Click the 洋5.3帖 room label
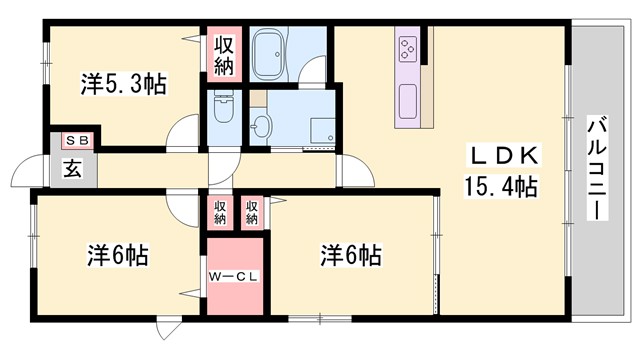123,85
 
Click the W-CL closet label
234,277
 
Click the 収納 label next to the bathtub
223,55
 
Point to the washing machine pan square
322,130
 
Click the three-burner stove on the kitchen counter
409,48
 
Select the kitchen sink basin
409,100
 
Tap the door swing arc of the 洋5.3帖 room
183,133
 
